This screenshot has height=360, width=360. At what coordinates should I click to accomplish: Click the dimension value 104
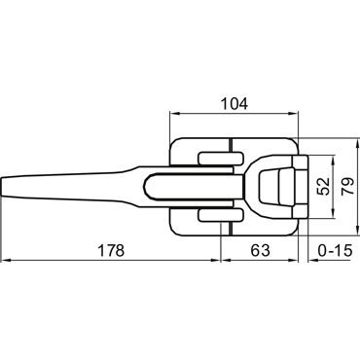click(234, 104)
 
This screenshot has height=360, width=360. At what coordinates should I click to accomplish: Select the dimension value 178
click(111, 250)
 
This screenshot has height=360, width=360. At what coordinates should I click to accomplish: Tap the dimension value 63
click(260, 250)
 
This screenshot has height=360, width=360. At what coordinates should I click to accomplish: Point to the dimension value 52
click(323, 187)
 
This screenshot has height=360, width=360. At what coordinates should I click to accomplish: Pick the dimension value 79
click(347, 187)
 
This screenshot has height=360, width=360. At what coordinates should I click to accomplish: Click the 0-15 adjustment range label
click(335, 250)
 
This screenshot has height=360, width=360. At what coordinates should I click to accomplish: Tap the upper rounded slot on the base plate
click(221, 159)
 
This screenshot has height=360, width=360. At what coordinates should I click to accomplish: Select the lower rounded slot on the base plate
click(221, 216)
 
